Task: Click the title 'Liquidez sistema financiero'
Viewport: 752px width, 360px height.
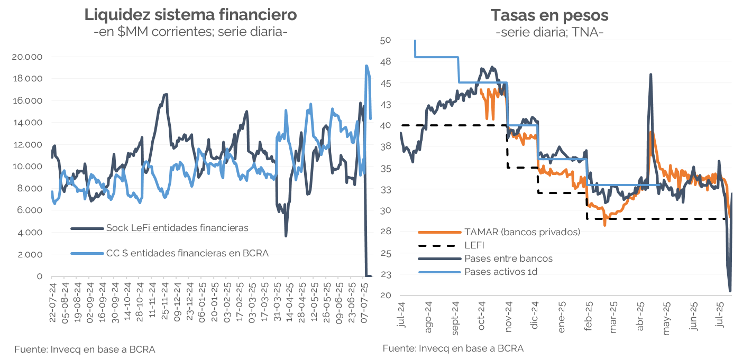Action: click(190, 15)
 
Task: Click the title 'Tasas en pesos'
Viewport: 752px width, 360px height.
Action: click(549, 15)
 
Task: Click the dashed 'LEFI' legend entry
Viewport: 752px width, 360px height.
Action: click(474, 245)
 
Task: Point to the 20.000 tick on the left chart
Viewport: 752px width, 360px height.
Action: click(31, 57)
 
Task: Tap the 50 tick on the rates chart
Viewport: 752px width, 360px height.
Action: click(386, 40)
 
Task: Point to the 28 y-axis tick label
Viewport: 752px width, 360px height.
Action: click(386, 232)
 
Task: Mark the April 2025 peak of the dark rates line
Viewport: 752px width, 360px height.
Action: click(650, 75)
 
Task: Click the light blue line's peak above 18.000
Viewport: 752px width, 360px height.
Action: click(366, 66)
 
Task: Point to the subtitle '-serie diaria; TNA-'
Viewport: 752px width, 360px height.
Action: click(549, 32)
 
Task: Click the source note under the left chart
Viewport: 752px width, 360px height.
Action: click(85, 349)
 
